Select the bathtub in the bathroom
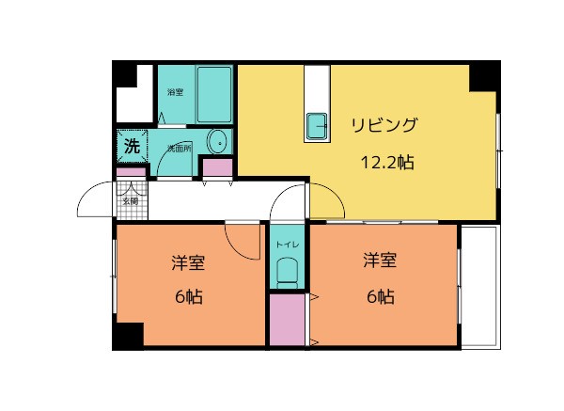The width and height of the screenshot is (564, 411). click(214, 94)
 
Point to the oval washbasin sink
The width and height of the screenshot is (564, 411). click(217, 143)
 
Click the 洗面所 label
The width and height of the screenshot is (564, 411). click(179, 149)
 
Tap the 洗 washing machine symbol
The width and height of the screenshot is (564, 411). click(133, 147)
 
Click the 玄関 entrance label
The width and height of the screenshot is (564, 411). click(131, 199)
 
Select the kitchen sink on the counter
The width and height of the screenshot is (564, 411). click(316, 123)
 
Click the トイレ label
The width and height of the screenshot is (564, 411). click(287, 245)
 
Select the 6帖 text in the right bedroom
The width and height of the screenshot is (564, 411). click(381, 297)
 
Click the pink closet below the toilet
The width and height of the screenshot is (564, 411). click(287, 321)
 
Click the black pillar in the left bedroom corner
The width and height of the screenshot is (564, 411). click(128, 335)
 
